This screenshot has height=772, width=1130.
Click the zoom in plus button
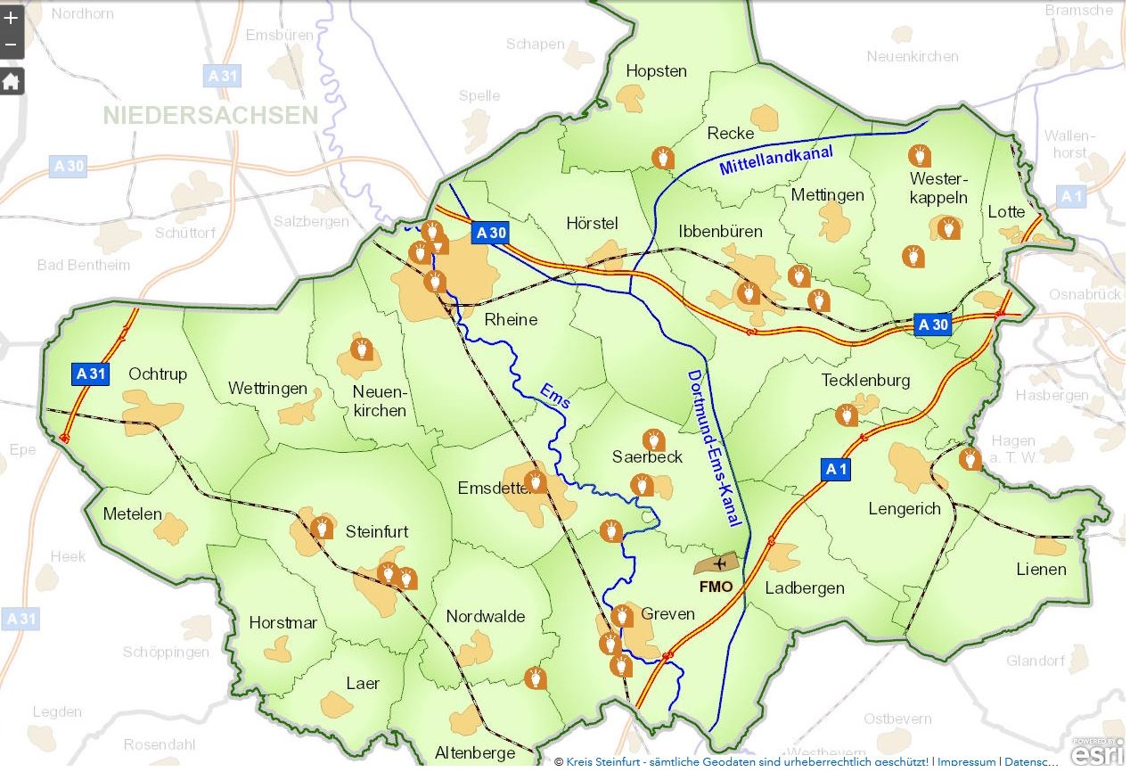11,17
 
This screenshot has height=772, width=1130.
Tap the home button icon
11,82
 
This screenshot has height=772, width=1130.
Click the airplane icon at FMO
720,564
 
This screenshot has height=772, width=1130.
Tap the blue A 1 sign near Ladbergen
835,469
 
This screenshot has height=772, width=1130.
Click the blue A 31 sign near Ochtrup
91,374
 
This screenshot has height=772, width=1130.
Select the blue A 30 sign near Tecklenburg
933,324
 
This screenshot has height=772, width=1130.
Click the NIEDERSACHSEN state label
210,115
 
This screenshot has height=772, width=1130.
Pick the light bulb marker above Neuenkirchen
362,348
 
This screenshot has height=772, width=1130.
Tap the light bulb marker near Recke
663,159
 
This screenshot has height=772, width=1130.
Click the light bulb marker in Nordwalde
535,677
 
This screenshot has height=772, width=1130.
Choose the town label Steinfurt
377,532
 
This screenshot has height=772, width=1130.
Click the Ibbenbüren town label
720,232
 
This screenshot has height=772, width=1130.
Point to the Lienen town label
1041,570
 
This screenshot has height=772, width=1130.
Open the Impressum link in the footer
966,762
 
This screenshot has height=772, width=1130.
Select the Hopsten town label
656,71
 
